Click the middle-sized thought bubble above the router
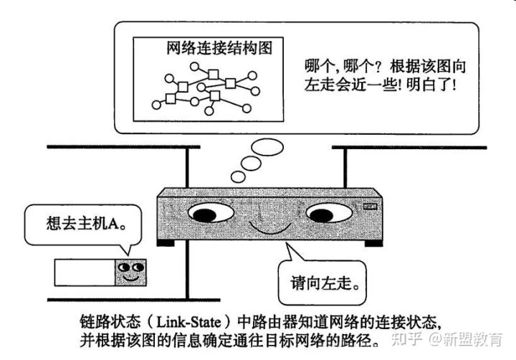tap(252, 164)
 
